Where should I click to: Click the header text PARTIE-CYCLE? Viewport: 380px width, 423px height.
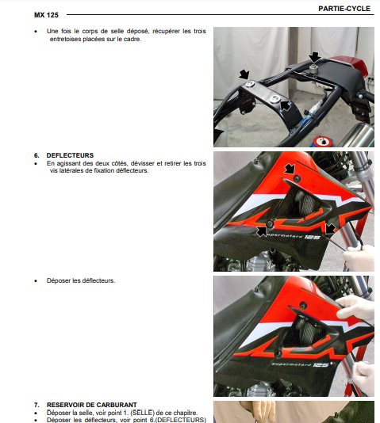pos(344,9)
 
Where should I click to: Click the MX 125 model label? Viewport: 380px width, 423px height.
pos(46,15)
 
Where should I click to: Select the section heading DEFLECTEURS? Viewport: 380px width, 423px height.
pos(70,155)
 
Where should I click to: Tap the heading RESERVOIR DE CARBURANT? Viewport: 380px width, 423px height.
pos(91,405)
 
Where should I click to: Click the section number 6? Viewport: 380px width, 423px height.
pos(36,155)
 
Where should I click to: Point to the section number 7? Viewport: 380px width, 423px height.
pos(36,405)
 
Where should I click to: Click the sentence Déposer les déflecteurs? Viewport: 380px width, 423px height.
pos(81,280)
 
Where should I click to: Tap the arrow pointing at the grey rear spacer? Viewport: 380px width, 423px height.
pos(315,58)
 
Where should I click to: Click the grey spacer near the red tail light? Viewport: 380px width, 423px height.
pos(313,69)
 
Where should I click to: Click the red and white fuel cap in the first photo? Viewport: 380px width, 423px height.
pos(323,141)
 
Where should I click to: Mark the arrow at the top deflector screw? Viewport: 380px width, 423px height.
pos(290,170)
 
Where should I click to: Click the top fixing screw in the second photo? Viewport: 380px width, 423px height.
pos(297,178)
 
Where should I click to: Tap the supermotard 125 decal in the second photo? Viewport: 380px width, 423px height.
pos(294,236)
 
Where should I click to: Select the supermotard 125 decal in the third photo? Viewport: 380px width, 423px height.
pos(300,364)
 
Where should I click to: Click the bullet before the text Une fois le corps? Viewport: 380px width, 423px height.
pos(36,32)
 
